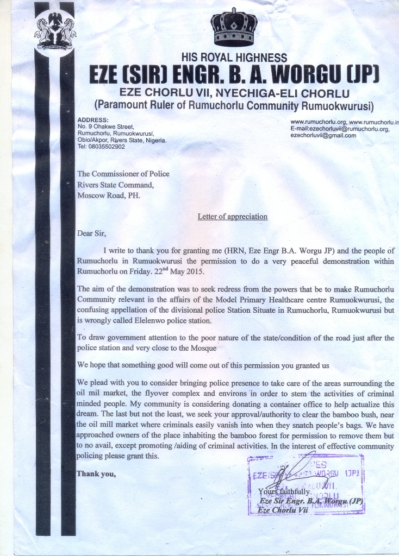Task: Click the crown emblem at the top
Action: [x=234, y=28]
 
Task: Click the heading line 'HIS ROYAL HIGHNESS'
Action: [x=234, y=58]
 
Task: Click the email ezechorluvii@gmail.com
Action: [x=323, y=136]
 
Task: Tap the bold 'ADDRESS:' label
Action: [x=93, y=119]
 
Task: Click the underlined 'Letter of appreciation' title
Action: [x=232, y=217]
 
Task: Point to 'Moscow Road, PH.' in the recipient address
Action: [x=109, y=195]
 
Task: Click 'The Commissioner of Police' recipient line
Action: [x=123, y=174]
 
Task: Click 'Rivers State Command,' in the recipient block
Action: [x=115, y=185]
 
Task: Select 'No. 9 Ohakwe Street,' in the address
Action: [x=105, y=127]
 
